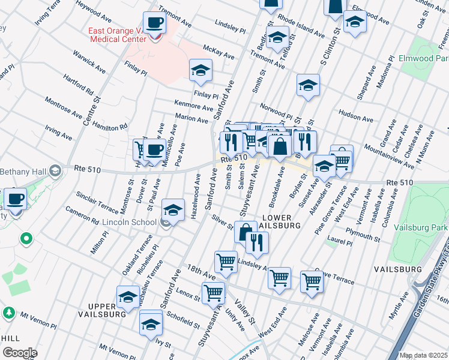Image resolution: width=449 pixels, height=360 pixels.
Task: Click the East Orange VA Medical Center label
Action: pyautogui.click(x=117, y=35)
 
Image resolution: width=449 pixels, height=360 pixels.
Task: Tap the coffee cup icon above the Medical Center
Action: pyautogui.click(x=155, y=23)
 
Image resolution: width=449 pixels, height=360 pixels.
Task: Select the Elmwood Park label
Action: pyautogui.click(x=424, y=59)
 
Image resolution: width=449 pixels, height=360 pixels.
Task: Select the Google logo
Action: pyautogui.click(x=20, y=353)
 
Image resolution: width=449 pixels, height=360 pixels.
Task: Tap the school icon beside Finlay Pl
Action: pyautogui.click(x=200, y=70)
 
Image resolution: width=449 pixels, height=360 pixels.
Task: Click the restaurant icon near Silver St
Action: pyautogui.click(x=257, y=242)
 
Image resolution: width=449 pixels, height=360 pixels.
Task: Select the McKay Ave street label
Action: pyautogui.click(x=218, y=53)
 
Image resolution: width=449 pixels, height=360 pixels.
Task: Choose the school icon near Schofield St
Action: pyautogui.click(x=151, y=324)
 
